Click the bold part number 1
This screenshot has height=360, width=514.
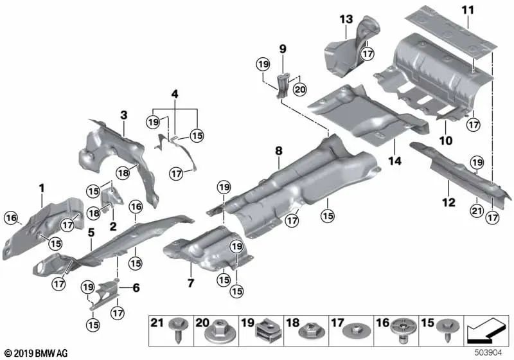point(42,188)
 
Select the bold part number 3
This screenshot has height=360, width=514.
point(123,115)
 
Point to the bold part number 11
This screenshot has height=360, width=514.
point(466,10)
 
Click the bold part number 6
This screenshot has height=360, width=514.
point(136,289)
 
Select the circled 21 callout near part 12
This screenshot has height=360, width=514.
point(476,208)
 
